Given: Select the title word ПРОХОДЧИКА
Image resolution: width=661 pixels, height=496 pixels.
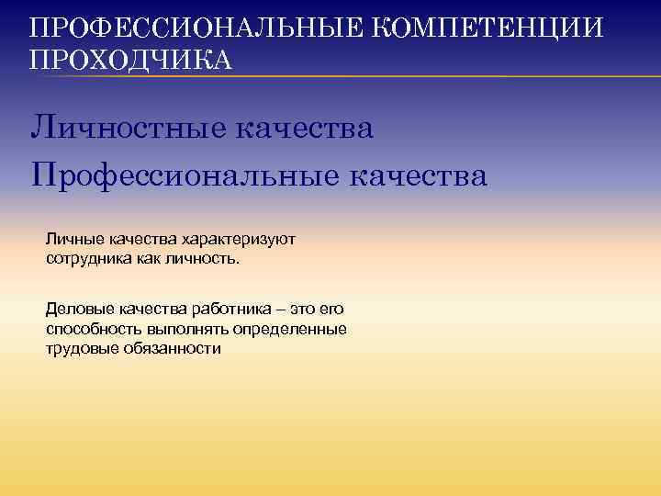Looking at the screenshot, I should click(x=131, y=60).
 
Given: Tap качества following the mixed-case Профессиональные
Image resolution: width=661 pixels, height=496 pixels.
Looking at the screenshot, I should click(x=417, y=175).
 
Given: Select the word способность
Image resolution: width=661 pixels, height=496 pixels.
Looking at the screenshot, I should click(x=95, y=329).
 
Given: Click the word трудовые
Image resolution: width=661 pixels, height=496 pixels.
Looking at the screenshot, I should click(x=81, y=348).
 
